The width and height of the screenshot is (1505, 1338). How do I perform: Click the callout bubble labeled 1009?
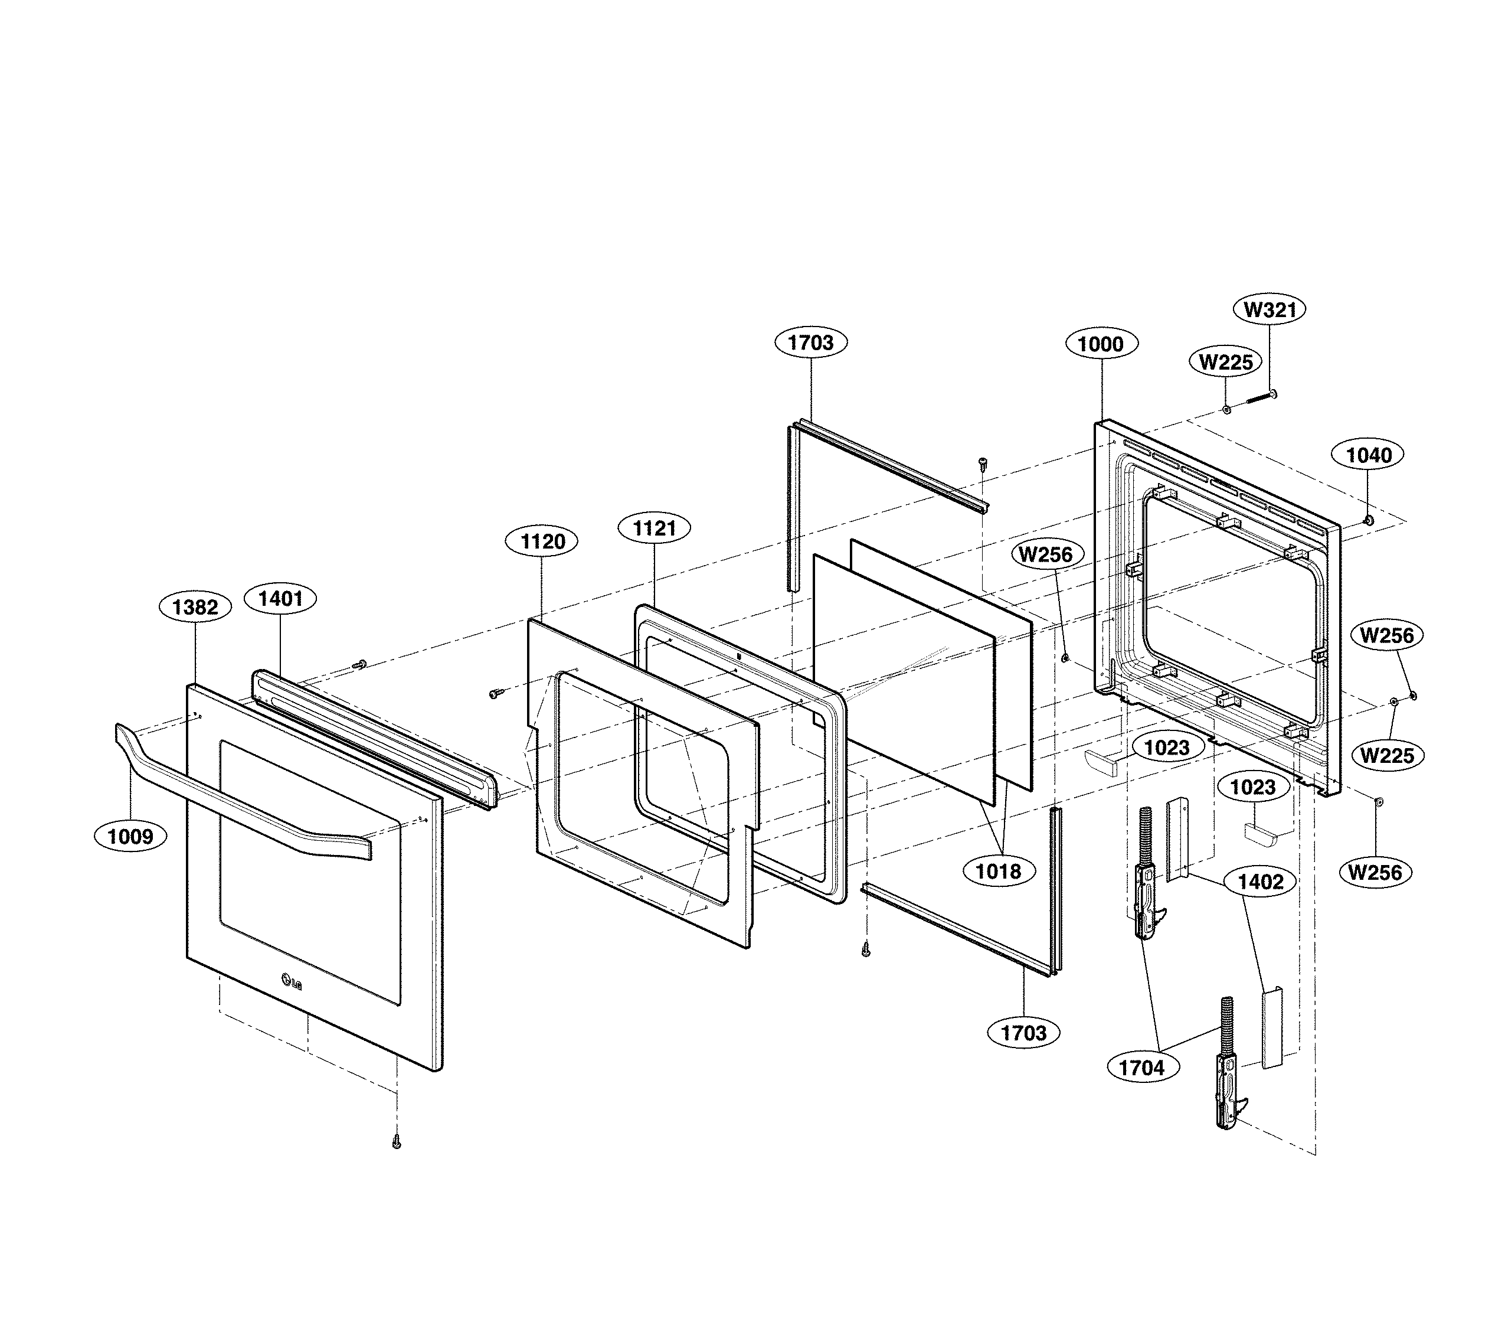[130, 836]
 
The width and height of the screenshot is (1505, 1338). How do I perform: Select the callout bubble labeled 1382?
[195, 607]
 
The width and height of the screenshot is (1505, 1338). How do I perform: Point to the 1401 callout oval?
[280, 598]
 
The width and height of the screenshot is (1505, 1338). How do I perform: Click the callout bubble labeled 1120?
[542, 541]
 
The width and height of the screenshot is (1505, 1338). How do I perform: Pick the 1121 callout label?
[655, 528]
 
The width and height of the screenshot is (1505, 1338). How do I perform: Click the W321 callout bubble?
[1270, 309]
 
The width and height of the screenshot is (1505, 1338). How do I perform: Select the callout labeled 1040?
[1368, 455]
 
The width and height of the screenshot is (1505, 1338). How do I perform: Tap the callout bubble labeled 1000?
[1101, 344]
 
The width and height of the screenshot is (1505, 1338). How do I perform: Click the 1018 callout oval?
[999, 872]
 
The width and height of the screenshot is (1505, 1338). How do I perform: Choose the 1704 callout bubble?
[1141, 1068]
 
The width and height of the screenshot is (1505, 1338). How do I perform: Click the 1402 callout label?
[1261, 882]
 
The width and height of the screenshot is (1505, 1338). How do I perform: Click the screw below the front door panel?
[397, 1141]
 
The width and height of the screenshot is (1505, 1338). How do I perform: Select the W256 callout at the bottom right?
[1375, 873]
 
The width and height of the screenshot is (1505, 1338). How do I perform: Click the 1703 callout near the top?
[811, 342]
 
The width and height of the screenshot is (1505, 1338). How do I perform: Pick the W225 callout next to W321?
[1225, 362]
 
